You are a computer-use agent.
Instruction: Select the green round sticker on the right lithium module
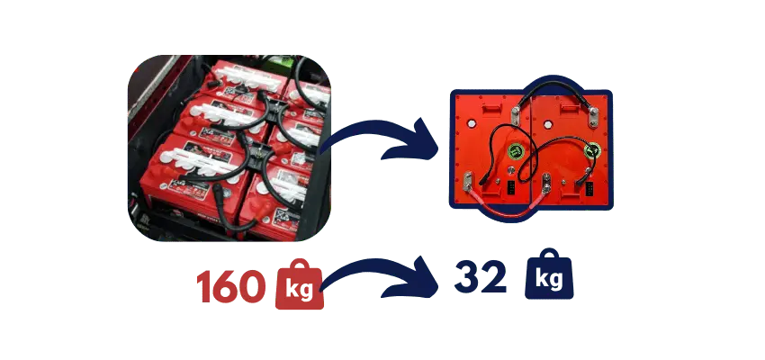click(x=590, y=150)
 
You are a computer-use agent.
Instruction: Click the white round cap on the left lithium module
click(x=510, y=169)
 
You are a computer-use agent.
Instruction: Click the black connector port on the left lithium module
click(x=508, y=189)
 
